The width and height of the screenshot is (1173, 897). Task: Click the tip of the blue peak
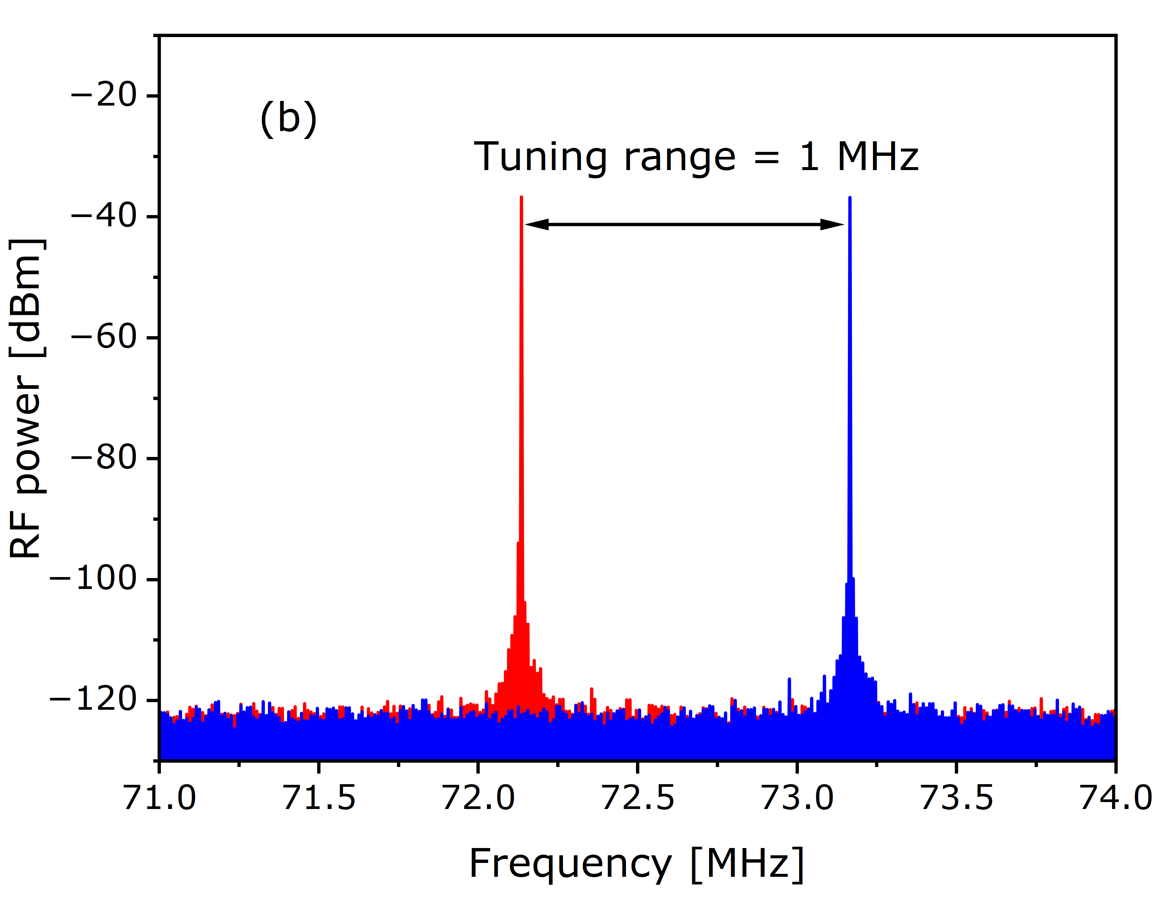click(850, 199)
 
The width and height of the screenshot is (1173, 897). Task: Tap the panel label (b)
click(288, 118)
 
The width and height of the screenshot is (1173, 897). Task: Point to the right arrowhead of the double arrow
click(832, 224)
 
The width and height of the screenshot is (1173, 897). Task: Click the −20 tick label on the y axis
click(104, 96)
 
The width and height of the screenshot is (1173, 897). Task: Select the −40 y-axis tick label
click(104, 217)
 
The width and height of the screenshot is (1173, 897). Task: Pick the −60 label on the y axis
click(104, 337)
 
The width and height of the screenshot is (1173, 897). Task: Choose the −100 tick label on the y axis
click(93, 579)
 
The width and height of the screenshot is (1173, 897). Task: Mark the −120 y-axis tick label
click(93, 699)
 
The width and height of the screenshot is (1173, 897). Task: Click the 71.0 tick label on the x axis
click(160, 798)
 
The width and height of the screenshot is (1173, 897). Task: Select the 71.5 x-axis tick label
click(319, 798)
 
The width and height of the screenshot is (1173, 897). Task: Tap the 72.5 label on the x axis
click(638, 798)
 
